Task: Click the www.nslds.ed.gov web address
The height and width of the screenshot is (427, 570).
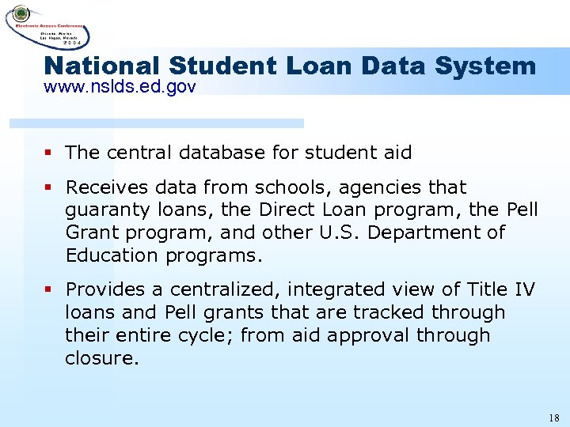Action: [120, 87]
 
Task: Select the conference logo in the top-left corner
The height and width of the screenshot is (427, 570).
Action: [47, 25]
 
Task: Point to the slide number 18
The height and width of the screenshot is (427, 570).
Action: [553, 416]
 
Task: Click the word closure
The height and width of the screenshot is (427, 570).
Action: [101, 358]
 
